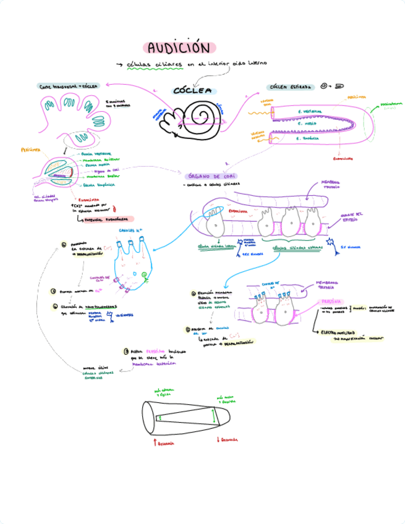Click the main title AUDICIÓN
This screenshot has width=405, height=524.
click(x=179, y=48)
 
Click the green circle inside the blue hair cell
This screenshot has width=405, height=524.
click(x=144, y=275)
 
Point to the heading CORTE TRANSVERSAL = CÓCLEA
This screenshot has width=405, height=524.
click(x=69, y=87)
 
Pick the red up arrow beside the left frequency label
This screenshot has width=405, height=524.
click(x=154, y=442)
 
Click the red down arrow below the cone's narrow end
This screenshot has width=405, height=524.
click(x=218, y=439)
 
